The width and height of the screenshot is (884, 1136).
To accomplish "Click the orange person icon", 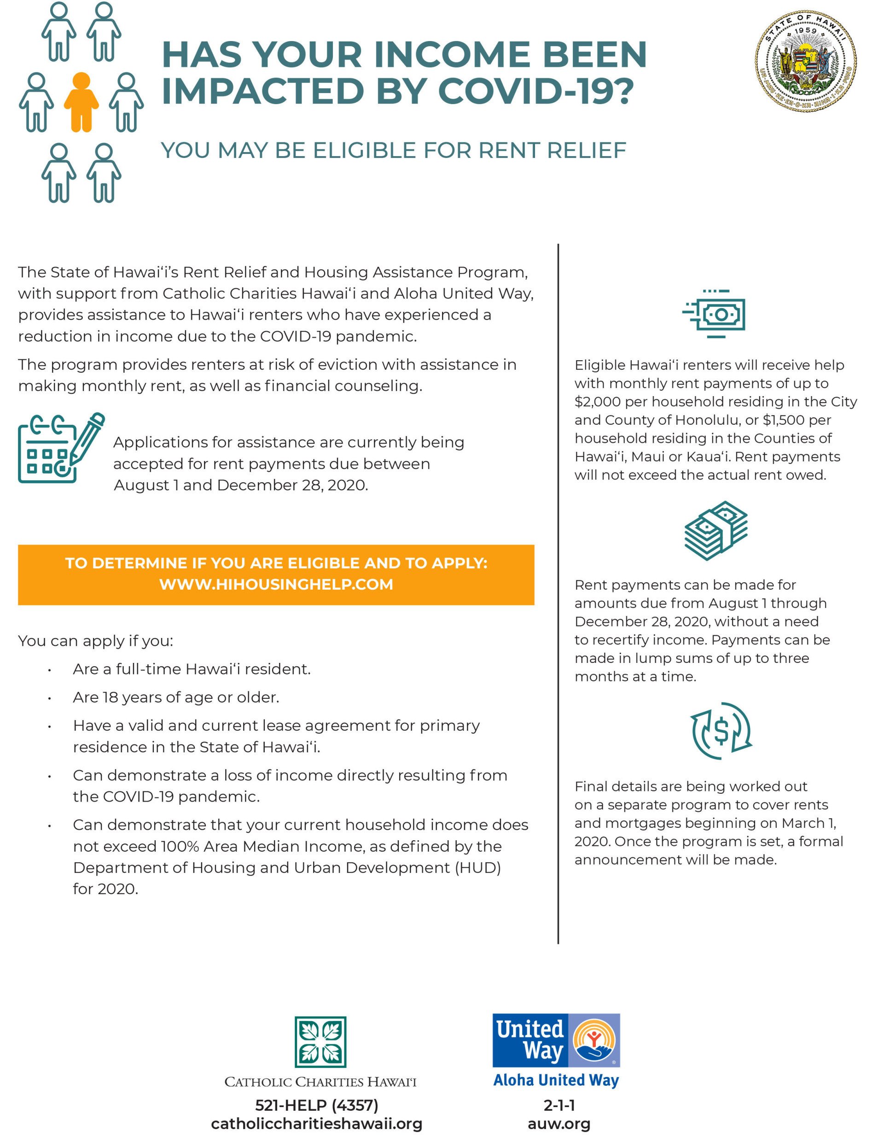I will [81, 101].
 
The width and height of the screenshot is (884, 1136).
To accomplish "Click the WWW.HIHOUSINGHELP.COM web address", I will [276, 584].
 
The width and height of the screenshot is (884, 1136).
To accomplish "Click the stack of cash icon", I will [716, 531].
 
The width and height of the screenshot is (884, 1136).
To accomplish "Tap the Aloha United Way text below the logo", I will [556, 1080].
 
